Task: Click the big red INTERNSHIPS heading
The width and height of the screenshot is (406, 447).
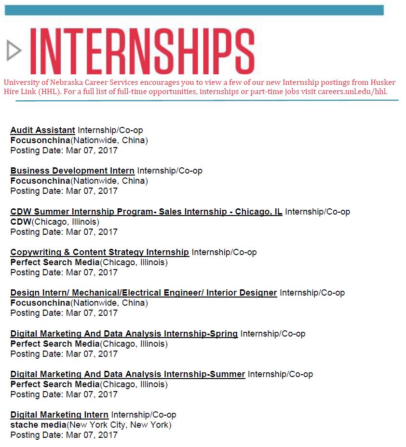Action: pos(142,51)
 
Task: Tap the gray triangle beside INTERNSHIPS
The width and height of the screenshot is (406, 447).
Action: pos(14,51)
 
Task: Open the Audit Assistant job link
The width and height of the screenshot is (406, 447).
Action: pos(42,130)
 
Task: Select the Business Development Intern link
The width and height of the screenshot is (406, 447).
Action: pos(72,171)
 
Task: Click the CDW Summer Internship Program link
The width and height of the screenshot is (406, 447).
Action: pos(146,212)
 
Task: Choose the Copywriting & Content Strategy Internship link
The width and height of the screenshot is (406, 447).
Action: pos(99,252)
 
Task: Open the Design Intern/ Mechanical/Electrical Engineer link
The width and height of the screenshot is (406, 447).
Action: pos(143,293)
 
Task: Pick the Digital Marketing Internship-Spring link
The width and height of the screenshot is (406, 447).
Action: pos(124,334)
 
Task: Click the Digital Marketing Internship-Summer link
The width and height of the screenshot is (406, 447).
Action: pos(127,374)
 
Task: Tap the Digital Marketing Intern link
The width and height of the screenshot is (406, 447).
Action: pos(59,415)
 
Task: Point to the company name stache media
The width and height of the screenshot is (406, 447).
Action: pos(38,425)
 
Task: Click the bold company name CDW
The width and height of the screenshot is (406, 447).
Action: pos(21,222)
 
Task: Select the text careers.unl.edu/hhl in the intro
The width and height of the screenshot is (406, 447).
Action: pos(352,92)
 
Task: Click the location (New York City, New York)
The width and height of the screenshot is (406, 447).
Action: pos(119,425)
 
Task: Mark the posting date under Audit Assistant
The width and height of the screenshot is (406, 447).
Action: pos(64,150)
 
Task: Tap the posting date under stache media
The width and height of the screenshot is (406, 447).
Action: pos(64,435)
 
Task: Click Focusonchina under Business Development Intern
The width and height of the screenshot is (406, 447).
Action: pos(40,181)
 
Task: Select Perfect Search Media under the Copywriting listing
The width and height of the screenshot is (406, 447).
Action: pos(54,262)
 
